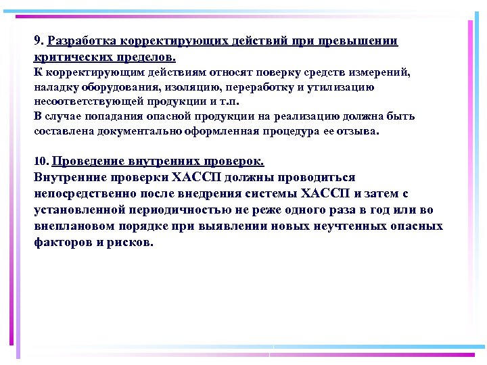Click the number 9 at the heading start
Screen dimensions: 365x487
coord(37,42)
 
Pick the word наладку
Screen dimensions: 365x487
coord(55,87)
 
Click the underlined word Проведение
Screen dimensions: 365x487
coord(86,162)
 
